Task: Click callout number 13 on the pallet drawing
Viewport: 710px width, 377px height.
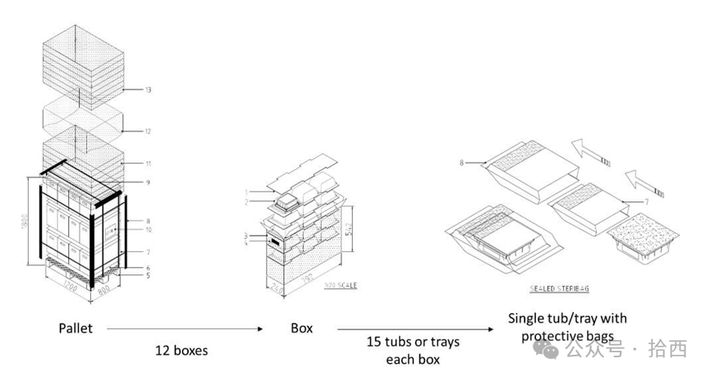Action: pyautogui.click(x=148, y=88)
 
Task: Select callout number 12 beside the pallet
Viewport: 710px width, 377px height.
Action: pyautogui.click(x=148, y=131)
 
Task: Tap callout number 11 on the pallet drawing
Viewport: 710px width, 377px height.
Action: pyautogui.click(x=148, y=164)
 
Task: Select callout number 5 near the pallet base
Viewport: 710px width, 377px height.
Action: pyautogui.click(x=148, y=275)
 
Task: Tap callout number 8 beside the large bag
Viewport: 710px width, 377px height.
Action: pyautogui.click(x=463, y=163)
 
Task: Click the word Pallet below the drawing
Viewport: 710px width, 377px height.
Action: pyautogui.click(x=75, y=328)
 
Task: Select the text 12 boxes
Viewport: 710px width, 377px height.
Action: pyautogui.click(x=181, y=350)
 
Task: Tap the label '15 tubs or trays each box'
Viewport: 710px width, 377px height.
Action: pyautogui.click(x=412, y=351)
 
